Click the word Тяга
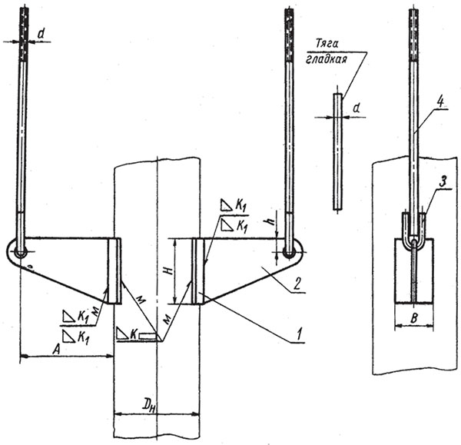pos(327,44)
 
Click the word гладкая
pos(326,59)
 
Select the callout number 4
pos(440,103)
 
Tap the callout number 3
pos(443,183)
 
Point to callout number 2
pos(297,284)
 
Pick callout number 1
pos(299,334)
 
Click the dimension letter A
pos(56,349)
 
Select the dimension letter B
pos(413,318)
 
